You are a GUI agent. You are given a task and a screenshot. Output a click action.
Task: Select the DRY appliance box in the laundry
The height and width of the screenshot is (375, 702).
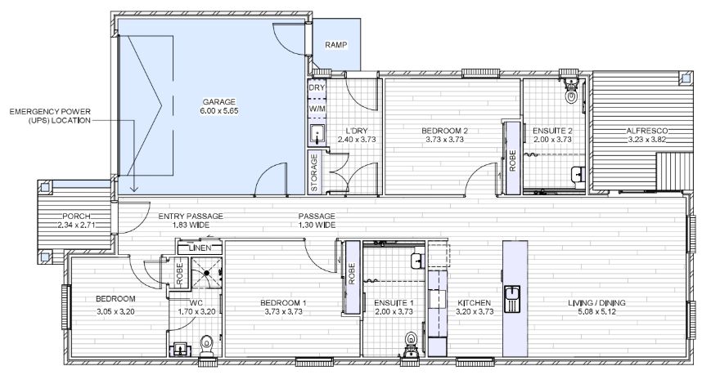click(x=317, y=87)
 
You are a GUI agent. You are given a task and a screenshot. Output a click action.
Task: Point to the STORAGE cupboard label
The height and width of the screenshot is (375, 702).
click(x=315, y=172)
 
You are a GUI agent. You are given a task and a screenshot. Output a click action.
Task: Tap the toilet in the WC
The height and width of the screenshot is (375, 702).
click(x=207, y=345)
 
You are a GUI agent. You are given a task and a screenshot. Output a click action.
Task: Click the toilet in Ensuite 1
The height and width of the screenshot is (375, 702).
click(x=411, y=342)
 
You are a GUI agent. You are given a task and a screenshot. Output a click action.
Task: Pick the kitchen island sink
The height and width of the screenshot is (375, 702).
click(x=513, y=297)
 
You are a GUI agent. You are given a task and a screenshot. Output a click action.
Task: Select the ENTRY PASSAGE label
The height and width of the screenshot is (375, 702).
click(x=190, y=216)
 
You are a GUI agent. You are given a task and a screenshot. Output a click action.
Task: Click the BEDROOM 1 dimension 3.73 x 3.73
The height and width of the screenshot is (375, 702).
click(x=285, y=311)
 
